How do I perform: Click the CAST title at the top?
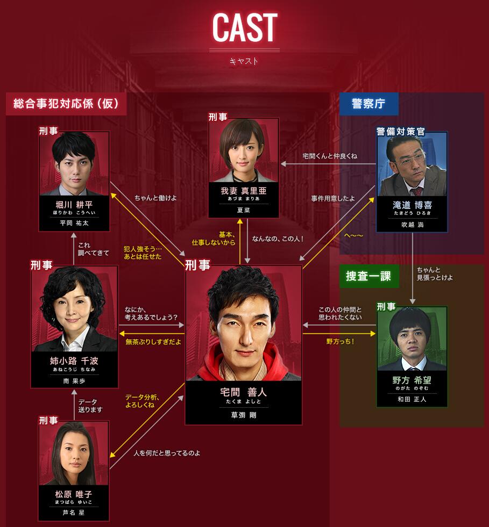[244, 27]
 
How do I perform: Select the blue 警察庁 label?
[368, 104]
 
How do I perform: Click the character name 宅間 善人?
[243, 393]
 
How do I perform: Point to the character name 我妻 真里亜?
[244, 191]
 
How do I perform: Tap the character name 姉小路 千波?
[74, 361]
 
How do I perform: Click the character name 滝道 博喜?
[412, 205]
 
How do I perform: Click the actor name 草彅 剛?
[243, 415]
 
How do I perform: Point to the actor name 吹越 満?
[412, 225]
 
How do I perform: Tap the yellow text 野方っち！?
[340, 341]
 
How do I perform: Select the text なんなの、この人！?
[278, 239]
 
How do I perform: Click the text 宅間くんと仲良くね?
[330, 156]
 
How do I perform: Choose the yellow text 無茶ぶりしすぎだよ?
[153, 342]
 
